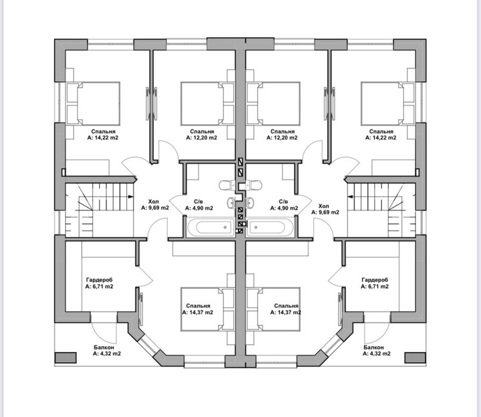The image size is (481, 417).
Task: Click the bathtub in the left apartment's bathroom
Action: (x=210, y=227)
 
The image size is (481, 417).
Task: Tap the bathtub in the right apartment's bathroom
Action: (x=270, y=227)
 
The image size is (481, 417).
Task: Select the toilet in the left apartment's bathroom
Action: (x=226, y=186)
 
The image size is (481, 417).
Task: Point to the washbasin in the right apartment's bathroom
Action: (x=250, y=202)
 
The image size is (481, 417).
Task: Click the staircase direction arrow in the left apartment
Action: (x=131, y=196)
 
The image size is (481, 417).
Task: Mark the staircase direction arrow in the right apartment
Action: (x=350, y=196)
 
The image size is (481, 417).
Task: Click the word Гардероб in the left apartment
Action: (x=100, y=280)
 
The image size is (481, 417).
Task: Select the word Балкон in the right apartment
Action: (x=374, y=347)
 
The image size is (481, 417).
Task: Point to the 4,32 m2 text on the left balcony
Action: (x=110, y=354)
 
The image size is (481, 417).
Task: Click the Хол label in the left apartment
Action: (x=153, y=202)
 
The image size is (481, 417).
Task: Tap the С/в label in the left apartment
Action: (x=198, y=202)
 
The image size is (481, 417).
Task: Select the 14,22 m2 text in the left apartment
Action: (x=107, y=138)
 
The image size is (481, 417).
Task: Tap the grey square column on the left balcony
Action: (x=66, y=358)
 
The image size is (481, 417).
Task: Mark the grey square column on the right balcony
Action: (x=415, y=358)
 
